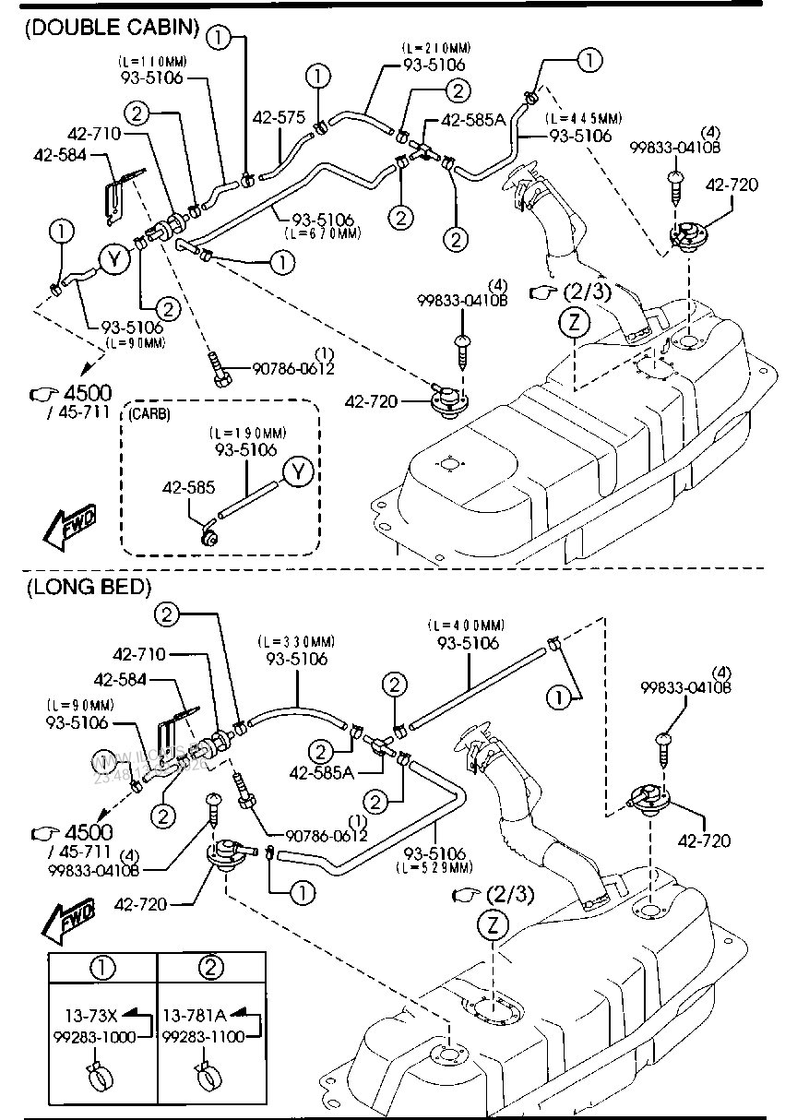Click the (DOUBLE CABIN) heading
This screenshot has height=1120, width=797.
[x=111, y=28]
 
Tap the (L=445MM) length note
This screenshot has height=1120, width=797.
[x=583, y=119]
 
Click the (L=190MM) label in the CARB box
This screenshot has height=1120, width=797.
[x=247, y=433]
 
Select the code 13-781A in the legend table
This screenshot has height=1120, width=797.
[x=195, y=1016]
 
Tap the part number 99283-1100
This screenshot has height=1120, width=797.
[x=204, y=1036]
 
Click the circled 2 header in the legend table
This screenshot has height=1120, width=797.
[x=211, y=968]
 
